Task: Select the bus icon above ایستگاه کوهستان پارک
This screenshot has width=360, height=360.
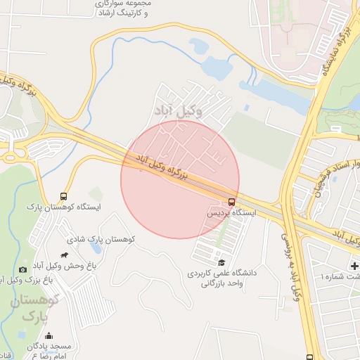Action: pyautogui.click(x=65, y=196)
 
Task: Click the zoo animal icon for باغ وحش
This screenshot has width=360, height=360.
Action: pyautogui.click(x=65, y=255)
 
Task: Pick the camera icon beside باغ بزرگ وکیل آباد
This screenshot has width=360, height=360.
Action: pyautogui.click(x=22, y=269)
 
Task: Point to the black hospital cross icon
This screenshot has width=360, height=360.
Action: pyautogui.click(x=354, y=266)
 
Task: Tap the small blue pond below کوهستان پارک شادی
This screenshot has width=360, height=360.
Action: pyautogui.click(x=96, y=249)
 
